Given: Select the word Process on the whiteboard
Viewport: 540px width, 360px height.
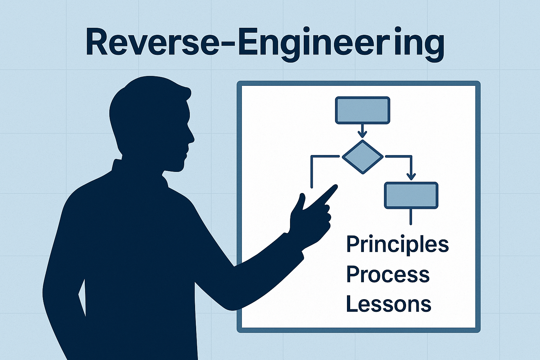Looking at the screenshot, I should [x=388, y=274].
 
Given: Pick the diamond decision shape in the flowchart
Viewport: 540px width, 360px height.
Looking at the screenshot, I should [x=362, y=157].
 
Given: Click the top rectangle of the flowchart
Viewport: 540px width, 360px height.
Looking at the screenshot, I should [x=362, y=110].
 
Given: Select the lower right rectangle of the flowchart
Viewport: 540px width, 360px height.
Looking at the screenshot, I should [x=411, y=195].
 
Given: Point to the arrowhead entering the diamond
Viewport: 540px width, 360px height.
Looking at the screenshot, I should [x=362, y=134].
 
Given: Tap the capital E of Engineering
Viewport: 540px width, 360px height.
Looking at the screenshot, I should [x=249, y=44].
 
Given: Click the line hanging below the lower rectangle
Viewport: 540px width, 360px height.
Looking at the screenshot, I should [x=411, y=217].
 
